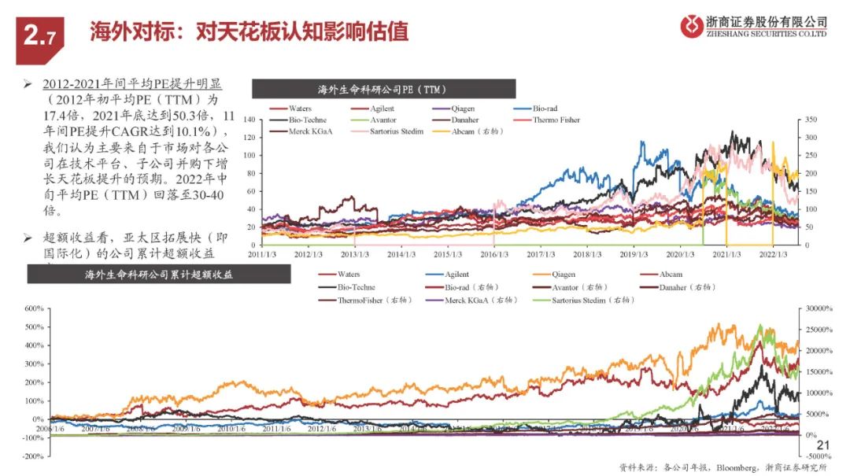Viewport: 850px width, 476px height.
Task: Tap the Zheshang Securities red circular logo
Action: pos(693,27)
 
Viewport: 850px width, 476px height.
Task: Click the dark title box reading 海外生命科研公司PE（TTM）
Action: pos(382,88)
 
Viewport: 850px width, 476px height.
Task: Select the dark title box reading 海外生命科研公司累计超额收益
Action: pos(159,275)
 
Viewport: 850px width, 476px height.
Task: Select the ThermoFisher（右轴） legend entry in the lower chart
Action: pos(370,300)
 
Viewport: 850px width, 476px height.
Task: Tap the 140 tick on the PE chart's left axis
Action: pos(251,120)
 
